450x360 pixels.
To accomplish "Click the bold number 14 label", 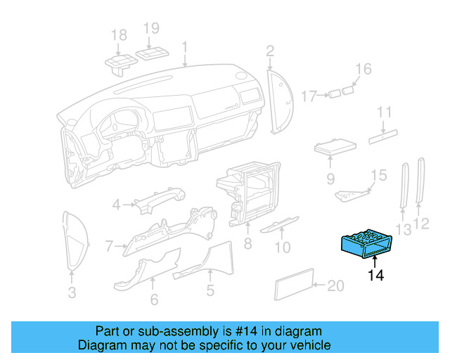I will point(376,275).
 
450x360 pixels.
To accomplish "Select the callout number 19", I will point(152,29).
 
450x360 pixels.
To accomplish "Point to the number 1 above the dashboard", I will point(185,47).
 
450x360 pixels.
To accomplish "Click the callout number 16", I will point(363,69).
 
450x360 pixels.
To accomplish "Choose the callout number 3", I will point(72,293).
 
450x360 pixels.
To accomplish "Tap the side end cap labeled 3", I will point(75,239).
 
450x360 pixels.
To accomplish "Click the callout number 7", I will point(109,246).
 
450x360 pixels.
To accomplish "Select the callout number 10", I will point(282,247).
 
